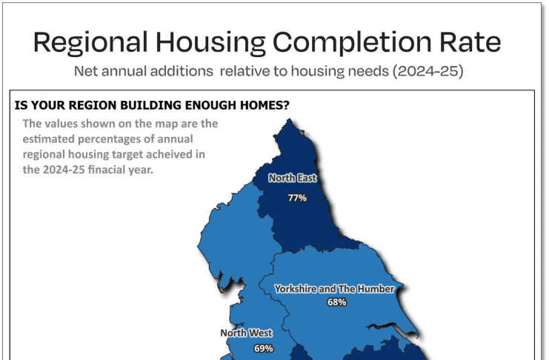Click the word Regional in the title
(90, 43)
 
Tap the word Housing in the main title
(210, 43)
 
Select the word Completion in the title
(352, 43)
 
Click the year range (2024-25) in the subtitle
(427, 71)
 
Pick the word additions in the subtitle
(182, 71)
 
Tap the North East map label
(293, 179)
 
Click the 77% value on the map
(297, 198)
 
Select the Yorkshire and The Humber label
(334, 289)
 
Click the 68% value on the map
(337, 302)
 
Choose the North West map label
(246, 333)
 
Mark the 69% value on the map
(264, 348)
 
